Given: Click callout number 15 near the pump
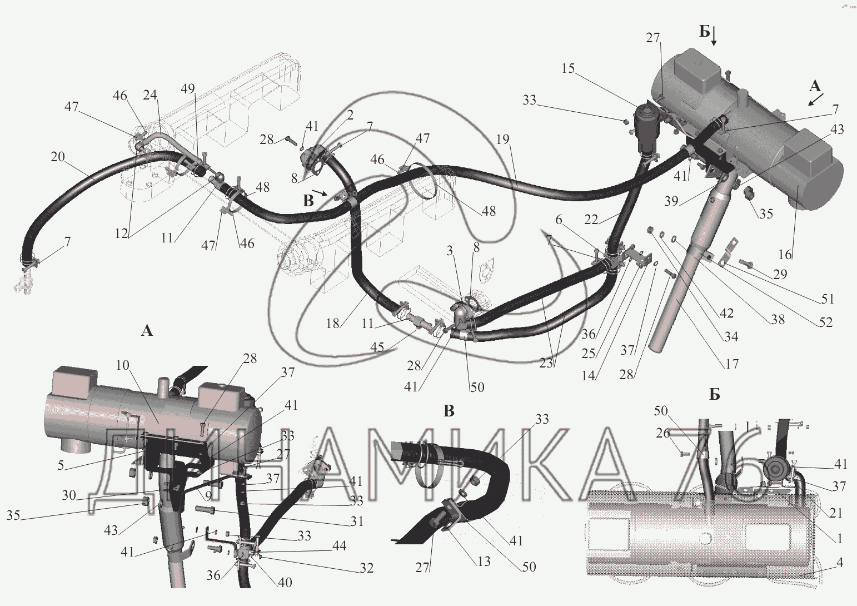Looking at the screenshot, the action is (569, 68).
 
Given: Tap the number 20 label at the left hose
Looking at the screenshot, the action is (58, 157).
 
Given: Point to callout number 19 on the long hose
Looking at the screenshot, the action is (503, 140).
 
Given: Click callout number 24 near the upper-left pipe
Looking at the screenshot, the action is (150, 95).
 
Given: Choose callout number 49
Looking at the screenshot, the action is (188, 88).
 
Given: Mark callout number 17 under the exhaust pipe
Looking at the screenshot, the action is (732, 364).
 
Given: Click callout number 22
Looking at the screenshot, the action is (591, 220).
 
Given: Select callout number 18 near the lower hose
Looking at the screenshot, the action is (333, 324).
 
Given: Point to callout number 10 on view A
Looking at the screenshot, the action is (123, 365).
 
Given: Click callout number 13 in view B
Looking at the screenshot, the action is (484, 561).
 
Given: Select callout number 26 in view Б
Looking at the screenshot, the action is (663, 433).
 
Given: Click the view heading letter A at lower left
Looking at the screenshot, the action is (147, 330).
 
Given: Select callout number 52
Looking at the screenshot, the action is (826, 322).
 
